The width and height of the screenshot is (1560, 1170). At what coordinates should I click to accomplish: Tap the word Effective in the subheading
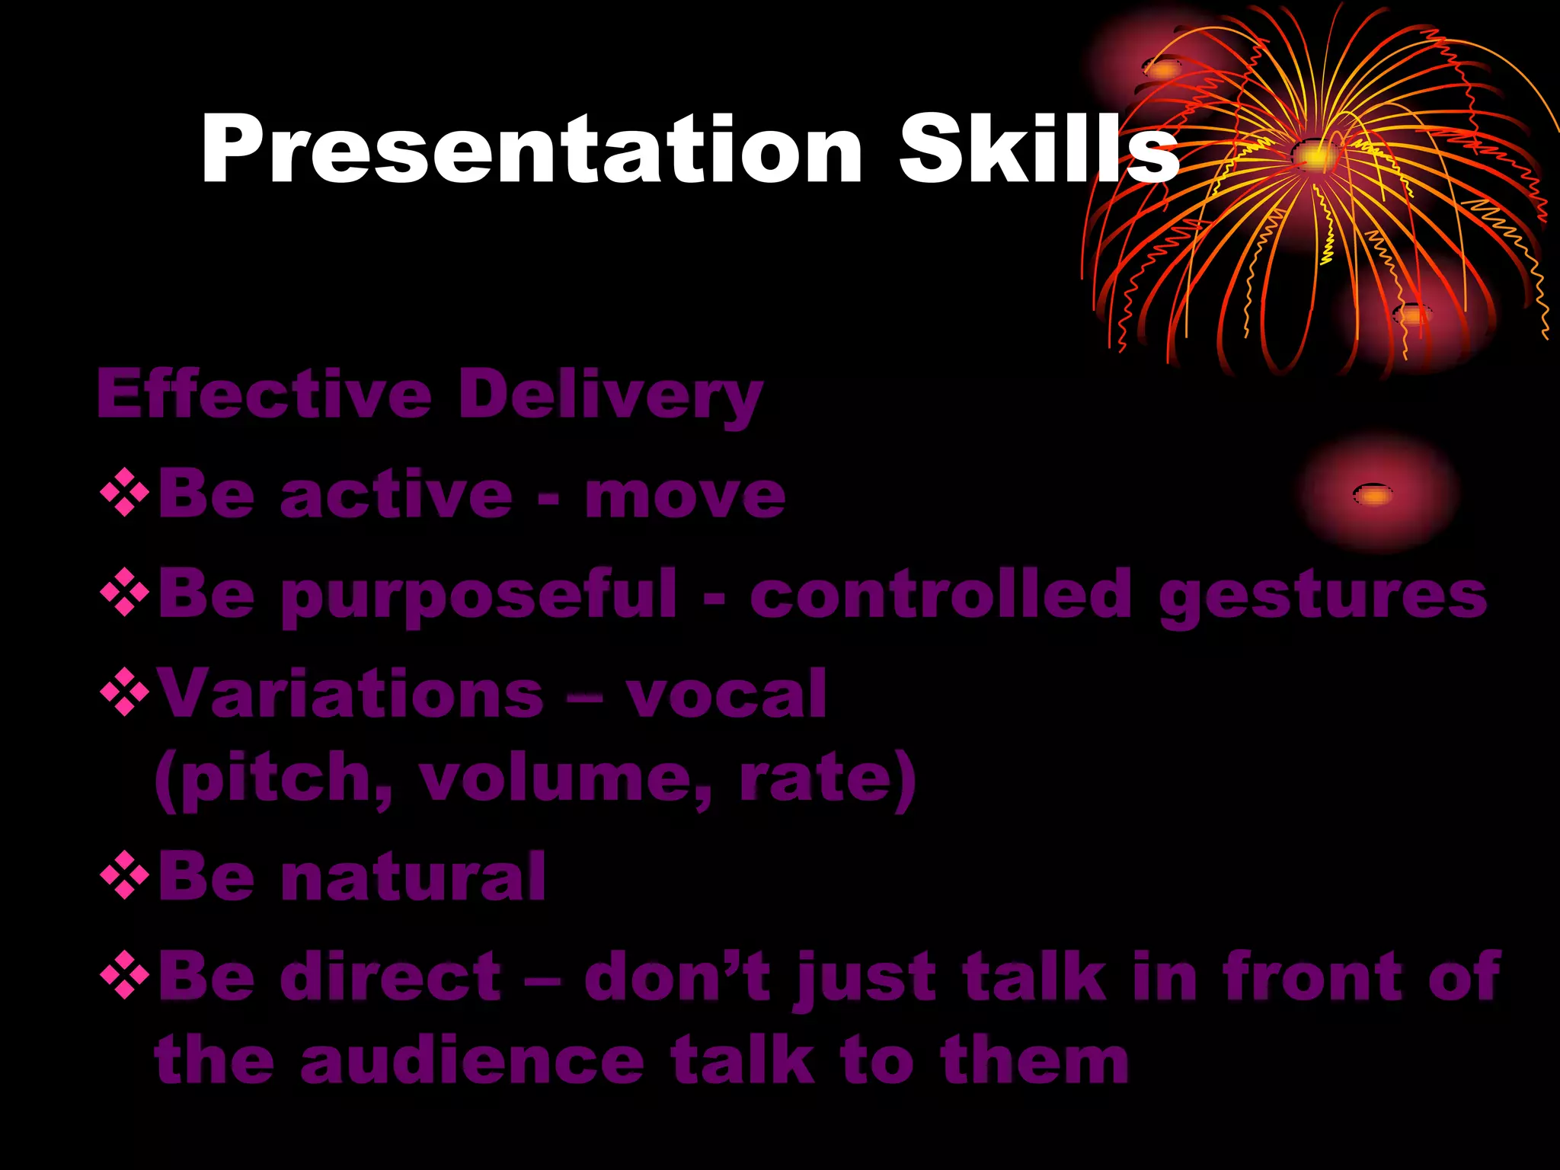pos(264,395)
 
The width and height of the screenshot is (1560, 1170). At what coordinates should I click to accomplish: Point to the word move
pos(685,496)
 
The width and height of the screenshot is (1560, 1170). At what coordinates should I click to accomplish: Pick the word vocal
pos(726,694)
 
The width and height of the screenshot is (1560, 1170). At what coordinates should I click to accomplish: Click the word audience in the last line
pos(472,1061)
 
